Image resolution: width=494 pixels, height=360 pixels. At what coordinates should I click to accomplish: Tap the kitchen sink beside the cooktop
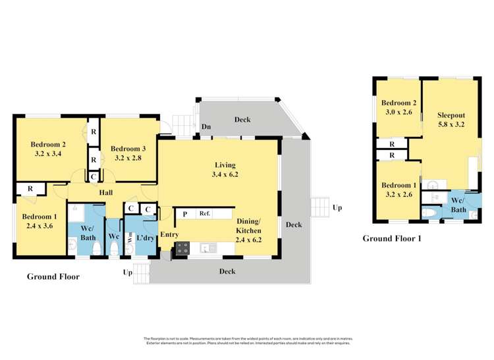pyautogui.click(x=209, y=248)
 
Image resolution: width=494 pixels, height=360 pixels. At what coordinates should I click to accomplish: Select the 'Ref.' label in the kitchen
pyautogui.click(x=205, y=214)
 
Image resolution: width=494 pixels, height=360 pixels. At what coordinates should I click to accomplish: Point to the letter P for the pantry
pyautogui.click(x=185, y=214)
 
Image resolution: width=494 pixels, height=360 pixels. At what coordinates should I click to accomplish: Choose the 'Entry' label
pyautogui.click(x=169, y=234)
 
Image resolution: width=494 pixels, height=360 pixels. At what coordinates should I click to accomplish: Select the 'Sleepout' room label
pyautogui.click(x=451, y=112)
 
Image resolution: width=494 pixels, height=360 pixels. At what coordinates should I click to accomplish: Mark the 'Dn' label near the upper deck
pyautogui.click(x=206, y=126)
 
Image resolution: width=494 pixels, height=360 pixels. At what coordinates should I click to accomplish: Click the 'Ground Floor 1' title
pyautogui.click(x=392, y=238)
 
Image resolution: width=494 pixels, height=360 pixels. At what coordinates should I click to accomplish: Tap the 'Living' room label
pyautogui.click(x=225, y=165)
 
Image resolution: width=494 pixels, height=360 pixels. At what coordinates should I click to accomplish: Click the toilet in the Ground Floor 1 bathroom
pyautogui.click(x=428, y=213)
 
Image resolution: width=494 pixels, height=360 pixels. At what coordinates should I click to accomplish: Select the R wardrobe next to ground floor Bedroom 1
pyautogui.click(x=30, y=190)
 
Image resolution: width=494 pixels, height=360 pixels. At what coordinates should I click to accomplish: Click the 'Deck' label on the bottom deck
pyautogui.click(x=227, y=271)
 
